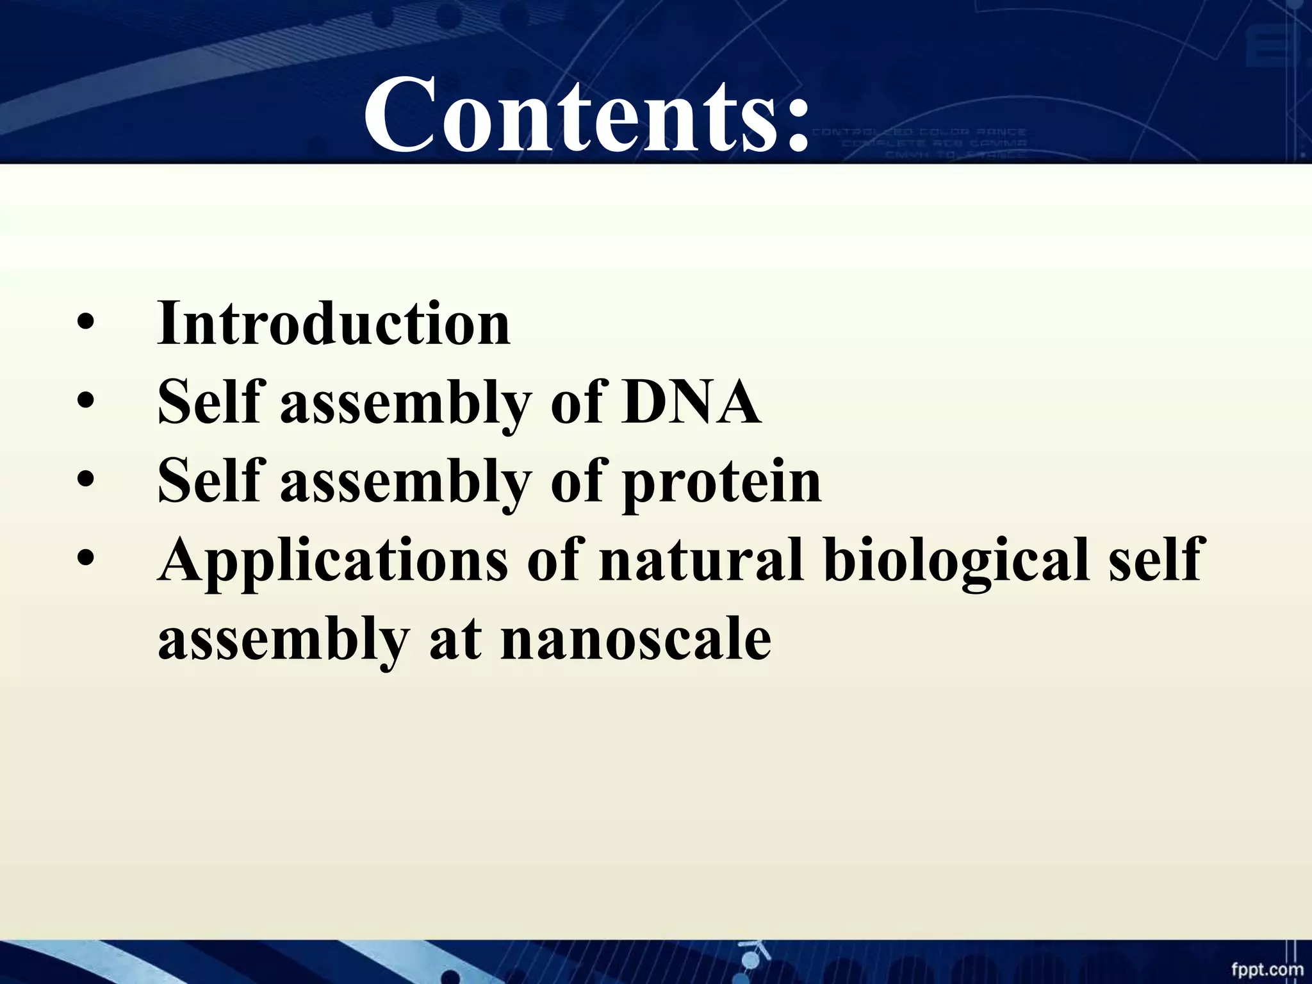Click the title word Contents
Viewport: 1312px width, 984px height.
click(564, 115)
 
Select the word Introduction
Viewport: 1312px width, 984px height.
click(334, 324)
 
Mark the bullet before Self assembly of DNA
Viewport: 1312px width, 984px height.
click(85, 404)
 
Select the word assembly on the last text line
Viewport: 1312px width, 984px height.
click(283, 641)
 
